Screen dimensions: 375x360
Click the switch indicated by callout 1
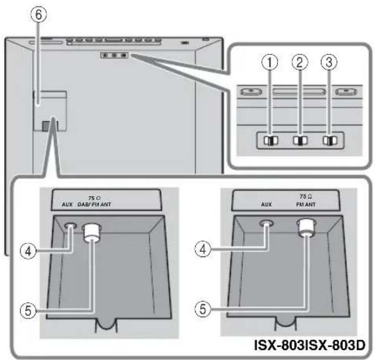(270, 141)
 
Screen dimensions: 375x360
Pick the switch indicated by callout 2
(299, 141)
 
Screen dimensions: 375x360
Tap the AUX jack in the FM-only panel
(267, 223)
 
